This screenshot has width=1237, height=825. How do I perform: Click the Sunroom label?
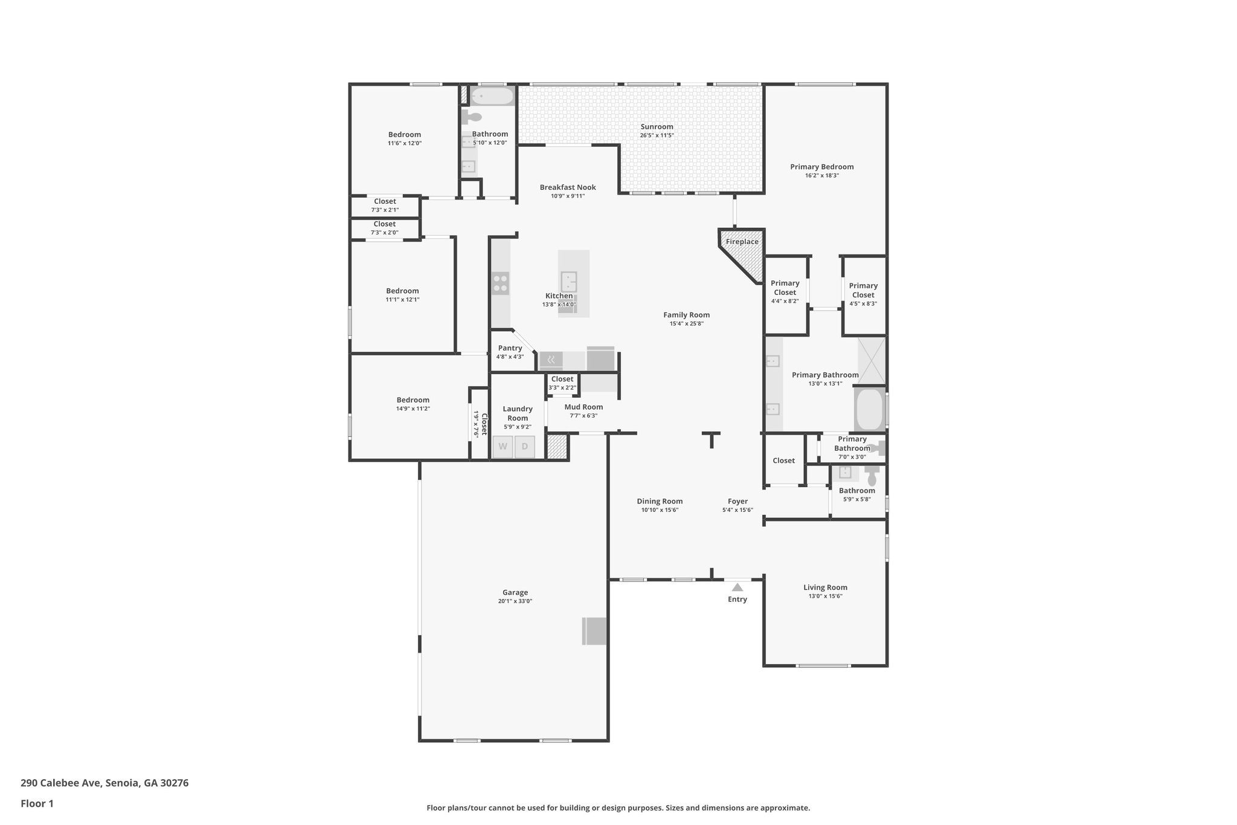(657, 127)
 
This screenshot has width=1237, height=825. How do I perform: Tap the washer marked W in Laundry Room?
(503, 447)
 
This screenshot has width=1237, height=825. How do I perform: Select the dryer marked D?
(524, 447)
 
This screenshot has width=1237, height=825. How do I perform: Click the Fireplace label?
(742, 242)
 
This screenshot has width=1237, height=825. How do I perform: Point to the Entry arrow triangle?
(737, 587)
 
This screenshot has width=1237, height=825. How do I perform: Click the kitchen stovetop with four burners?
(500, 283)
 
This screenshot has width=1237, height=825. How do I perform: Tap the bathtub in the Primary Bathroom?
(869, 409)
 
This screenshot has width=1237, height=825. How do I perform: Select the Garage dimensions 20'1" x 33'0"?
(515, 601)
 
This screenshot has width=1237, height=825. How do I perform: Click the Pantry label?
(510, 348)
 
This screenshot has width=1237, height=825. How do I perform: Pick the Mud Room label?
(583, 407)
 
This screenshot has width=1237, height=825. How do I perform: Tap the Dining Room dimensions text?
(660, 510)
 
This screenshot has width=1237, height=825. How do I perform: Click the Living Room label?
(825, 587)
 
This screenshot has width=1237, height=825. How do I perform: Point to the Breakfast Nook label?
(568, 187)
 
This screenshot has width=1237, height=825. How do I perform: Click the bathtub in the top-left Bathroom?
(492, 95)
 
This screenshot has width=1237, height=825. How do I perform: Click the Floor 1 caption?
(37, 804)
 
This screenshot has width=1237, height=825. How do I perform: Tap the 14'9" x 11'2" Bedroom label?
(413, 400)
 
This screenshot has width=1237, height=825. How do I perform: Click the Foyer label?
(737, 502)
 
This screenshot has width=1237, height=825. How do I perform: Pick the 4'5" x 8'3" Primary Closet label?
(863, 291)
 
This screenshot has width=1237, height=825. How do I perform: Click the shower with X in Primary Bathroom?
(872, 361)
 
